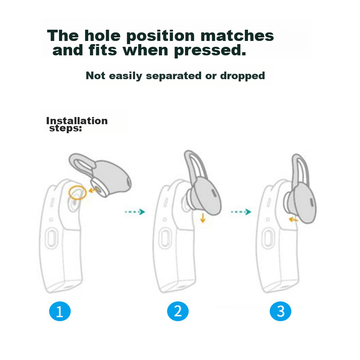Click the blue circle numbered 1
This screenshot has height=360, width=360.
(60, 311)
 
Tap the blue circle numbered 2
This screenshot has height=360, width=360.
(178, 311)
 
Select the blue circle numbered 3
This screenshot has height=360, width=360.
(280, 311)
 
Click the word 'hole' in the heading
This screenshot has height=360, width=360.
(103, 36)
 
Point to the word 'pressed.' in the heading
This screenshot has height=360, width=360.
(210, 51)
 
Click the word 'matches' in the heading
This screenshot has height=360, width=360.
(237, 36)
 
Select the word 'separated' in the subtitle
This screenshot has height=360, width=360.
(174, 76)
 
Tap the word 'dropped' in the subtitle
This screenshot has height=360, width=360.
(243, 76)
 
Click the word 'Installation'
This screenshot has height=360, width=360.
(77, 121)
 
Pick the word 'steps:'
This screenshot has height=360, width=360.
(65, 128)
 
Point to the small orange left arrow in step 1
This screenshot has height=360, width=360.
(93, 190)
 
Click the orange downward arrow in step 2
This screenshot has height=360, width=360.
(202, 218)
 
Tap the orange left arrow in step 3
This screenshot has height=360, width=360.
(293, 220)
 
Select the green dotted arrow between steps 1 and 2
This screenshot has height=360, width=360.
(135, 211)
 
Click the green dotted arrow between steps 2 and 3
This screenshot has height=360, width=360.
(241, 211)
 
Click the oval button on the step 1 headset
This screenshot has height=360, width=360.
(52, 238)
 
